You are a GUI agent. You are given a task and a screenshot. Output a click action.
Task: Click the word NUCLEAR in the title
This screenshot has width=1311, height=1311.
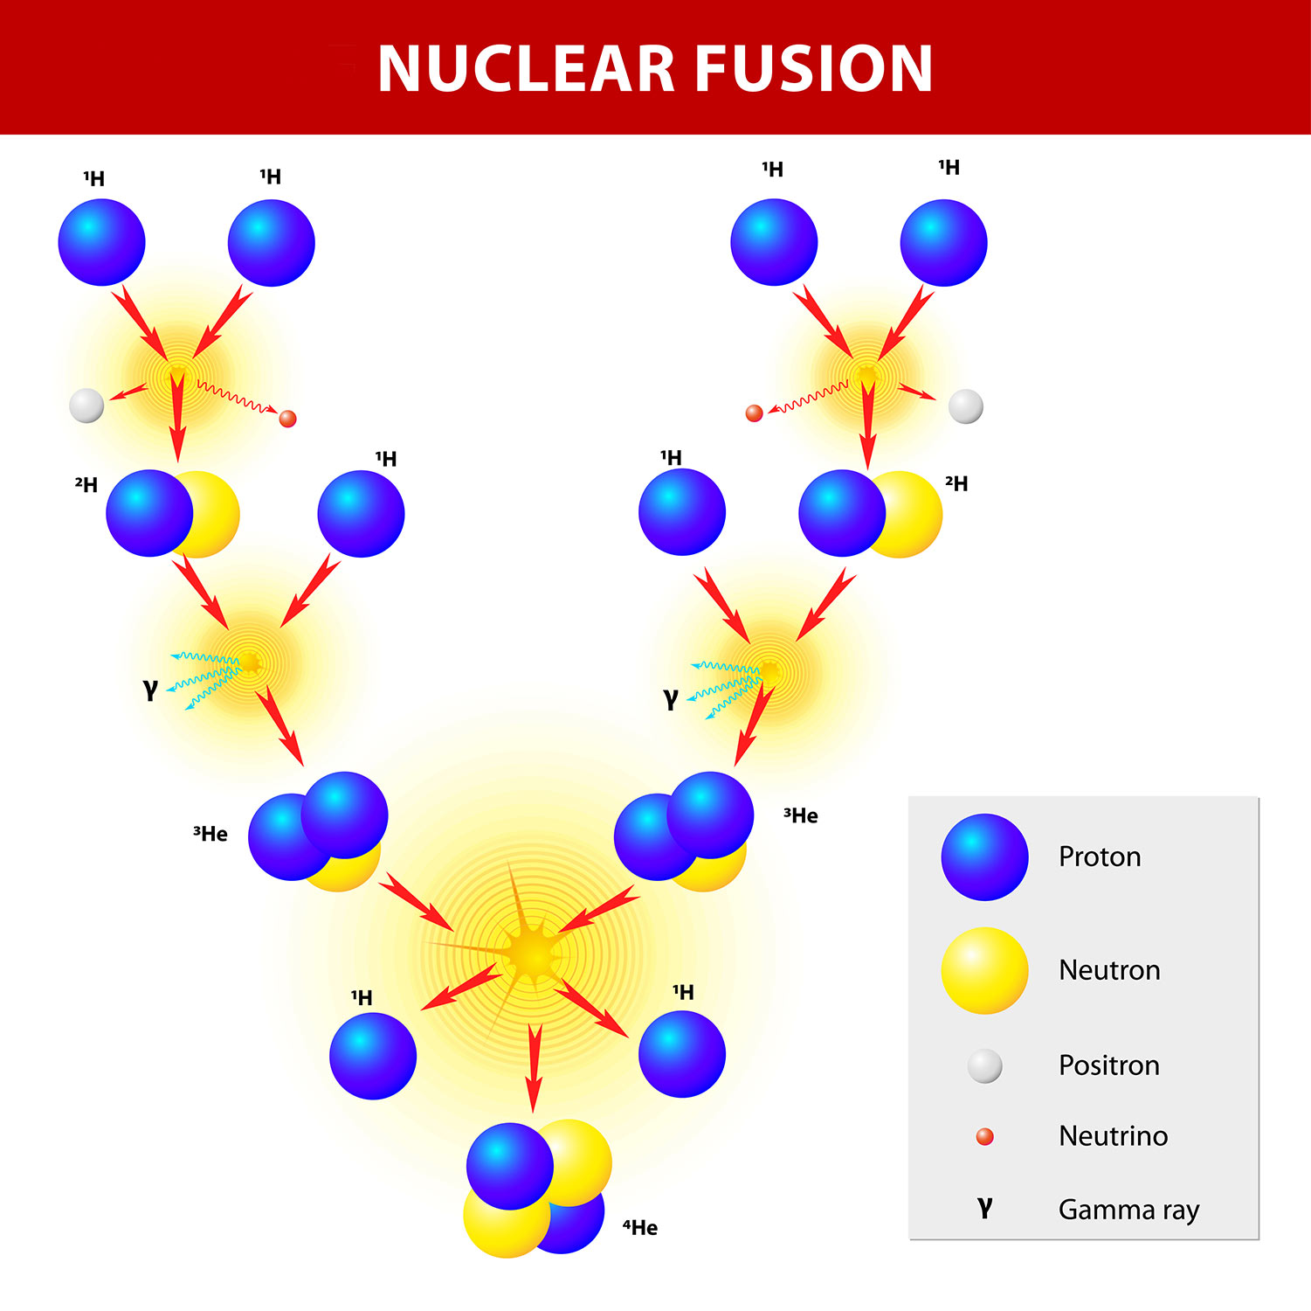tap(524, 69)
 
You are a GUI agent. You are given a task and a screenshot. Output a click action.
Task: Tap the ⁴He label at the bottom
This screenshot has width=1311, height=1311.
tap(640, 1227)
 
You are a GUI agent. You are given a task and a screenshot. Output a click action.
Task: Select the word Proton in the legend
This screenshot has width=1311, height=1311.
tap(1100, 857)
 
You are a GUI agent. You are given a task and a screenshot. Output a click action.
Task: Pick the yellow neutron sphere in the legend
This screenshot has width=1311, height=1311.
tap(984, 970)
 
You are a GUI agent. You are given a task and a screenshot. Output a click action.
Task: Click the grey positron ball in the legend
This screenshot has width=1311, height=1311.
tap(984, 1065)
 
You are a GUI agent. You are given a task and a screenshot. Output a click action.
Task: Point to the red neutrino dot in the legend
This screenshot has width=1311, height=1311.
tap(984, 1136)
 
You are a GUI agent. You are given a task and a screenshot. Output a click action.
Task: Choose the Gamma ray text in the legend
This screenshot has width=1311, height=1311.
tap(1128, 1210)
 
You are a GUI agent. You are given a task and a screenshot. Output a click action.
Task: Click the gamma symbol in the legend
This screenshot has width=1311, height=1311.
tap(984, 1208)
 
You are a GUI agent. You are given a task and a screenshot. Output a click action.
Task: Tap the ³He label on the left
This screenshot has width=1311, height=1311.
tap(210, 834)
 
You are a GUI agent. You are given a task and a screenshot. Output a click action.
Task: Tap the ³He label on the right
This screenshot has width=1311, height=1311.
tap(801, 815)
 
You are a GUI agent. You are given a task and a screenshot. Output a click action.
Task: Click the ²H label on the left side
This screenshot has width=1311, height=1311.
tap(86, 484)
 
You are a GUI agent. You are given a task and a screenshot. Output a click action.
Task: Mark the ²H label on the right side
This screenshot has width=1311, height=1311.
tap(956, 483)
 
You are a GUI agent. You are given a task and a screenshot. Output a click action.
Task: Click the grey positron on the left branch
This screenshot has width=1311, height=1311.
tap(86, 406)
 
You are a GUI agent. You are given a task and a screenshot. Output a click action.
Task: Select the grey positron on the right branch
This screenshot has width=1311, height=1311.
tap(965, 406)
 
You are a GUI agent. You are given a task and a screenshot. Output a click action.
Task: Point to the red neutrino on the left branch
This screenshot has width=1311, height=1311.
tap(287, 419)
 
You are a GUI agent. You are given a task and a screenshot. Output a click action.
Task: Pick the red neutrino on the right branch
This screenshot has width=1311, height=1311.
tap(754, 413)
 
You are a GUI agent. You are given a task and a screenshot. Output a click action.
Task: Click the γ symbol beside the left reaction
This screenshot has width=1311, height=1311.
tap(150, 690)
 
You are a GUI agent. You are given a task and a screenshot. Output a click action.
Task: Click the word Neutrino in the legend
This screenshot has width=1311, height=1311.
tap(1113, 1136)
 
